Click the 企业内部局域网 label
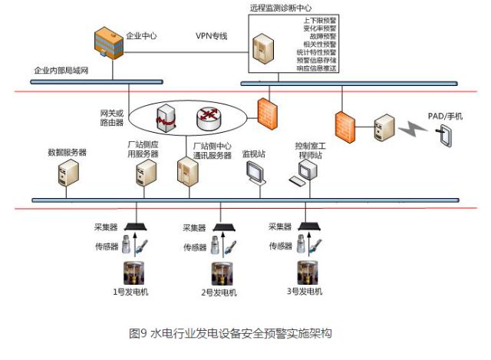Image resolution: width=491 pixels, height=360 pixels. [x=62, y=71]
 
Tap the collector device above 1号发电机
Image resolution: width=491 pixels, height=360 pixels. [x=137, y=226]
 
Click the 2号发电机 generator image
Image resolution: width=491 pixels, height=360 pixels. [x=224, y=272]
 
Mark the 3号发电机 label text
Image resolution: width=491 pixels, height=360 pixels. [x=304, y=292]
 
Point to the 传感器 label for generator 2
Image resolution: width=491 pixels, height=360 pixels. [x=194, y=247]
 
